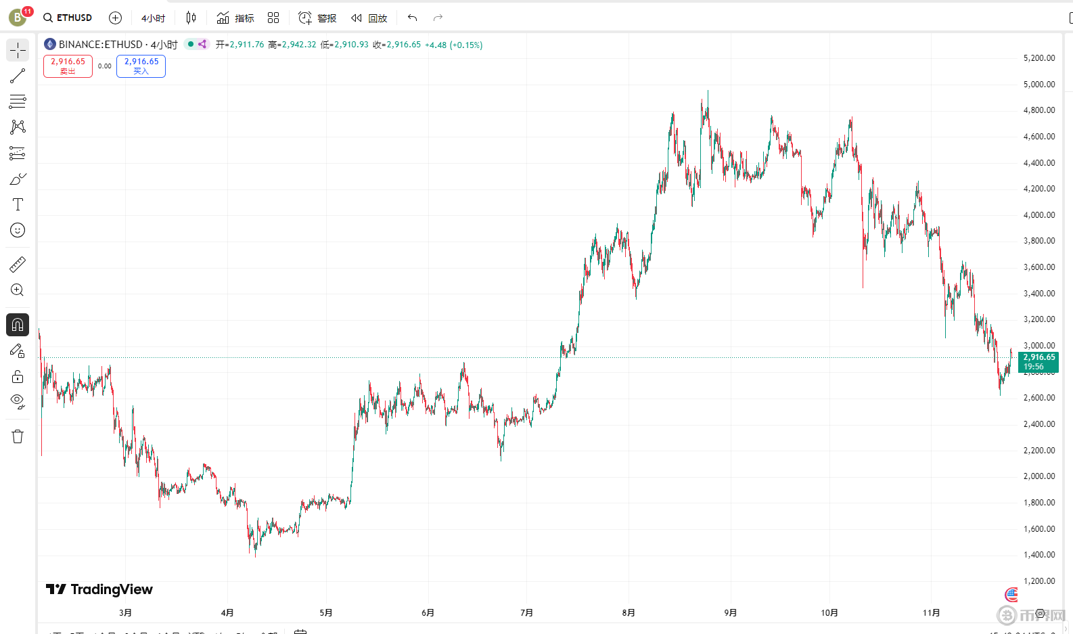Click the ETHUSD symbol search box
[x=68, y=18]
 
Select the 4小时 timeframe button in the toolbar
[x=153, y=18]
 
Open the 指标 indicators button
[x=235, y=18]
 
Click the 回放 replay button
[x=369, y=18]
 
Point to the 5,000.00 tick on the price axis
[x=1038, y=85]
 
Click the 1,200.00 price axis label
[x=1038, y=581]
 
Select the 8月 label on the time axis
[x=629, y=613]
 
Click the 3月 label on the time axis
[x=125, y=613]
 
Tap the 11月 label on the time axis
[x=931, y=613]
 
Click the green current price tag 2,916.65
[x=1038, y=361]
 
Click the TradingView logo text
[x=100, y=589]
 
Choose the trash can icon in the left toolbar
[x=18, y=436]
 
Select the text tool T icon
[x=18, y=204]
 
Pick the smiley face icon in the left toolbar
[x=18, y=230]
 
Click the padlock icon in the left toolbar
[x=18, y=376]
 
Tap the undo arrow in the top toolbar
[x=412, y=18]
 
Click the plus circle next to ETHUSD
[x=115, y=18]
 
